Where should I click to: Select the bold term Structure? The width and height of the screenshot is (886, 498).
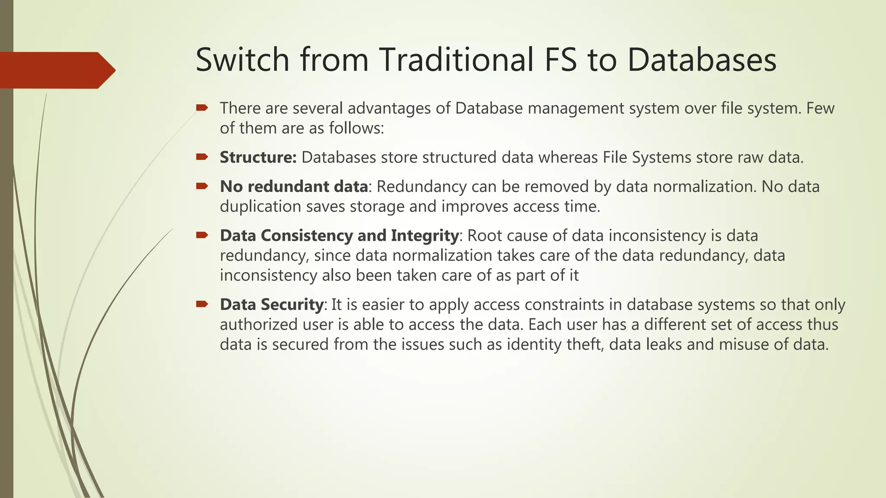click(x=258, y=157)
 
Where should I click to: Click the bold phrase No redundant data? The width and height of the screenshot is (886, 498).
click(x=294, y=187)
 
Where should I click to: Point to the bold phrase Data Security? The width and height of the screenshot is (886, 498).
click(x=271, y=305)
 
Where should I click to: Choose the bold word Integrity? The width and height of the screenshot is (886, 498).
click(x=424, y=236)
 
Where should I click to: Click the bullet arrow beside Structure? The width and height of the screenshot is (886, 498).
click(x=202, y=157)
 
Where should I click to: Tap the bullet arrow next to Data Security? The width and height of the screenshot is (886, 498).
click(x=202, y=304)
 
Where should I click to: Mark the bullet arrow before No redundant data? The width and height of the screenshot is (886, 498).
click(x=202, y=186)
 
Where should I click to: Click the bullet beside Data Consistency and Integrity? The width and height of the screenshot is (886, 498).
click(x=202, y=235)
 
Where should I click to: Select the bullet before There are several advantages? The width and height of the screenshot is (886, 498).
click(x=202, y=108)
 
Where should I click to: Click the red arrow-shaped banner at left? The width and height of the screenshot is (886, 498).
click(x=56, y=70)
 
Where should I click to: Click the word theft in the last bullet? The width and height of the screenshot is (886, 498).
click(x=585, y=345)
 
